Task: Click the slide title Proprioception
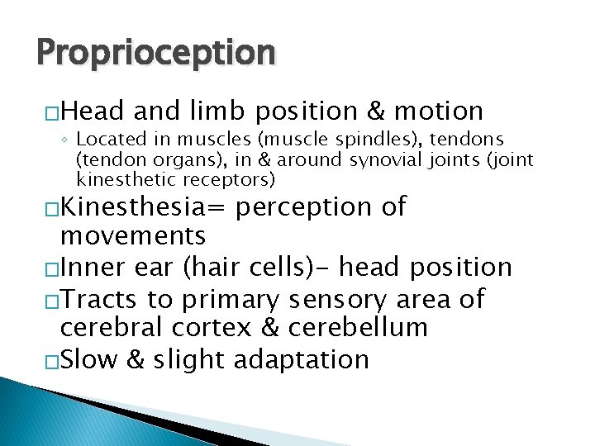(x=155, y=52)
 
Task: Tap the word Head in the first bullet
(x=94, y=111)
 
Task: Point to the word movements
(x=134, y=237)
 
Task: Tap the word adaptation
(x=302, y=359)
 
